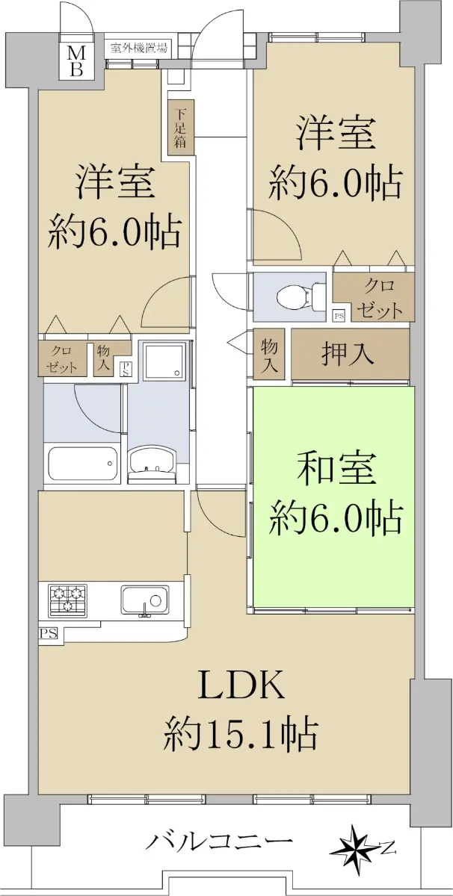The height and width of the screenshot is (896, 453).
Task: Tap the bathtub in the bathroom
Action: [83, 463]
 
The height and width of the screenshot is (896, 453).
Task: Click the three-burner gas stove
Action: [67, 600]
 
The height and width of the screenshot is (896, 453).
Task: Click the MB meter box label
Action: [76, 61]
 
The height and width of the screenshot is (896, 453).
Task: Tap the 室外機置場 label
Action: [138, 49]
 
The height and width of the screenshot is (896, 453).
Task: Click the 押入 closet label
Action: [348, 354]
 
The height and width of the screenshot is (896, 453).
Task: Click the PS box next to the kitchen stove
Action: [49, 634]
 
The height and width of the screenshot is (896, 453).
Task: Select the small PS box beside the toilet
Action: [339, 316]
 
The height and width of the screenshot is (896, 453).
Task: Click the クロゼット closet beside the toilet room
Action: [378, 298]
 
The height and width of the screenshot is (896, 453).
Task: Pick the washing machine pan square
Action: [164, 361]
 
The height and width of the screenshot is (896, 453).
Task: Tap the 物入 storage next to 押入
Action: [269, 354]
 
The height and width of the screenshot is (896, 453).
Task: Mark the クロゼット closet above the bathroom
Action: [63, 358]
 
